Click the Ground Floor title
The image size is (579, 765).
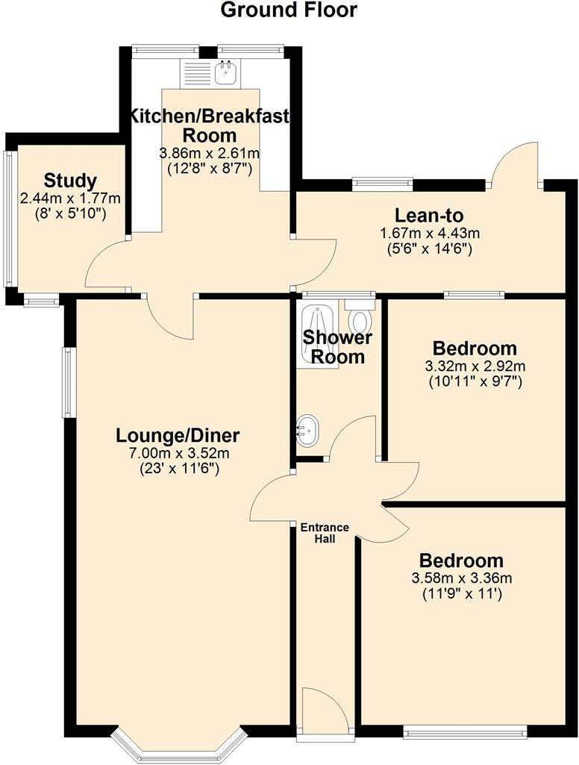click(x=289, y=10)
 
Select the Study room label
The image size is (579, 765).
click(x=70, y=181)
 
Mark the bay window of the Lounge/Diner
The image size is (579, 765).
click(x=179, y=749)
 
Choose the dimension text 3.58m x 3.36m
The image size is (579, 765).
click(x=461, y=578)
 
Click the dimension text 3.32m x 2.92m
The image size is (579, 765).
click(x=475, y=366)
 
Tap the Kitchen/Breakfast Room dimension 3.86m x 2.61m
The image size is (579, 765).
click(x=209, y=153)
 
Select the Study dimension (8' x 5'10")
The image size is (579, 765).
click(x=70, y=213)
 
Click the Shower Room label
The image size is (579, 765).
click(x=337, y=347)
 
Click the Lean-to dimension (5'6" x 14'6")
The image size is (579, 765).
click(x=425, y=249)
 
